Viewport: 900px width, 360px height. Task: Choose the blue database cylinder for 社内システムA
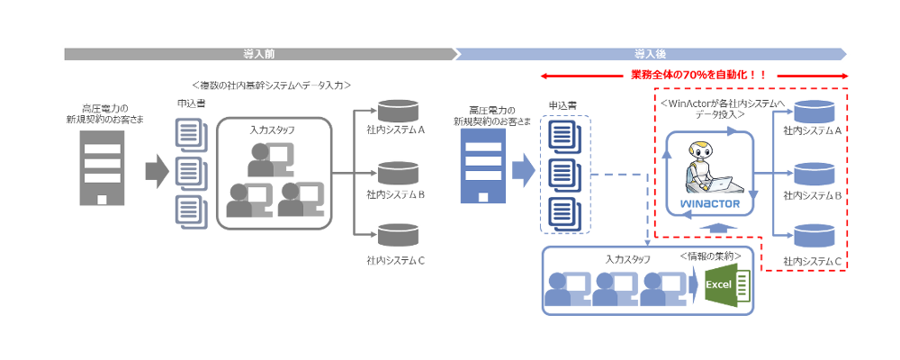tap(812, 112)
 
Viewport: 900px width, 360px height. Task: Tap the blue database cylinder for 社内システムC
tap(812, 236)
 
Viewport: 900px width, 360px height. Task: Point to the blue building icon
tap(482, 167)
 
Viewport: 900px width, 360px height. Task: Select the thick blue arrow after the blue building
tap(523, 168)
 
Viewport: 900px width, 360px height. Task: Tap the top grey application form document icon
tap(188, 131)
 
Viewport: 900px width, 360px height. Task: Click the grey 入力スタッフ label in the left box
tap(272, 130)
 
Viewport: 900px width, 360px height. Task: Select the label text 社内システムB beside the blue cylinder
tap(813, 194)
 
